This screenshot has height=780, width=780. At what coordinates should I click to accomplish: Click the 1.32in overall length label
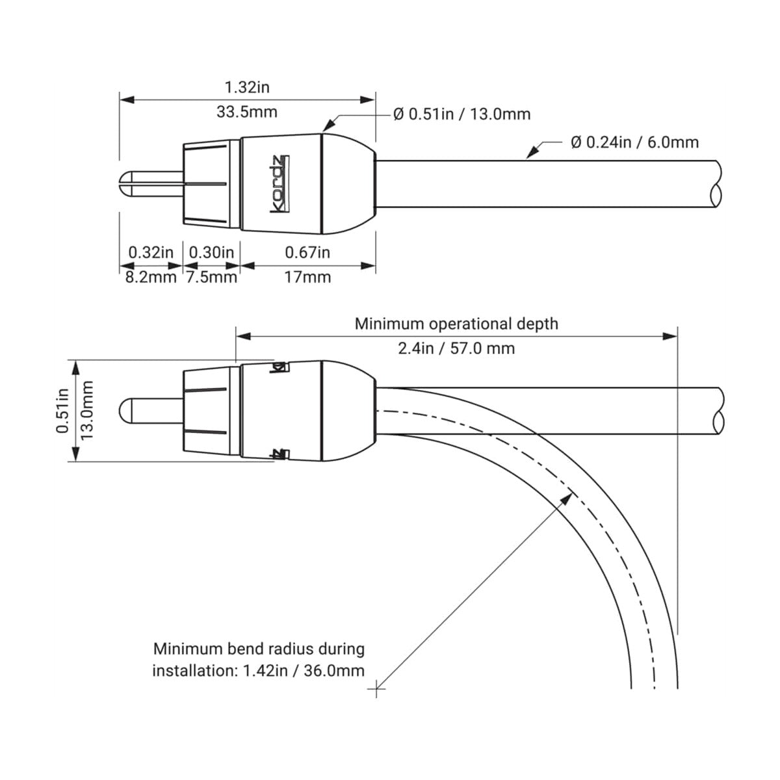(x=247, y=87)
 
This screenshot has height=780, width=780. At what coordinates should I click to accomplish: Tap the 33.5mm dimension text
(x=247, y=112)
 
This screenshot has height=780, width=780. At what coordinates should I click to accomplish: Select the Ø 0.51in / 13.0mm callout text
(x=462, y=114)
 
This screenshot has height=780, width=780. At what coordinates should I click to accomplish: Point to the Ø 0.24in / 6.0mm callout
(x=634, y=142)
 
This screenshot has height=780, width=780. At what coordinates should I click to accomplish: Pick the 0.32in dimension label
(x=151, y=252)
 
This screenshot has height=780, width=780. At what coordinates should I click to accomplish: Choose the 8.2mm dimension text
(x=151, y=278)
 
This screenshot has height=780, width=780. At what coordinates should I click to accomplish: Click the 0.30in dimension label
(x=211, y=252)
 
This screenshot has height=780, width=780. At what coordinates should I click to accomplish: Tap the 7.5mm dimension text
(x=211, y=278)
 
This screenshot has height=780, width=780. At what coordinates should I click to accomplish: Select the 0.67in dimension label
(x=307, y=252)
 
